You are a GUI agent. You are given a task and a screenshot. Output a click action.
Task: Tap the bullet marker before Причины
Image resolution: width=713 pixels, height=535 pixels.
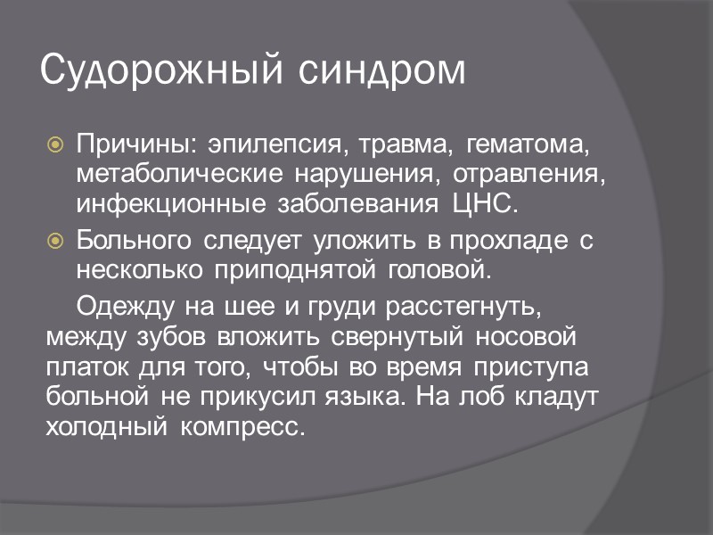56,144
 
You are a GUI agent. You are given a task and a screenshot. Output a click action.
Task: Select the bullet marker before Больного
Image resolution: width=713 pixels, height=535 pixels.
56,240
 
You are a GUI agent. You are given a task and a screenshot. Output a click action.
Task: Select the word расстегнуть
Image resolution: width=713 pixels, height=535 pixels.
463,307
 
